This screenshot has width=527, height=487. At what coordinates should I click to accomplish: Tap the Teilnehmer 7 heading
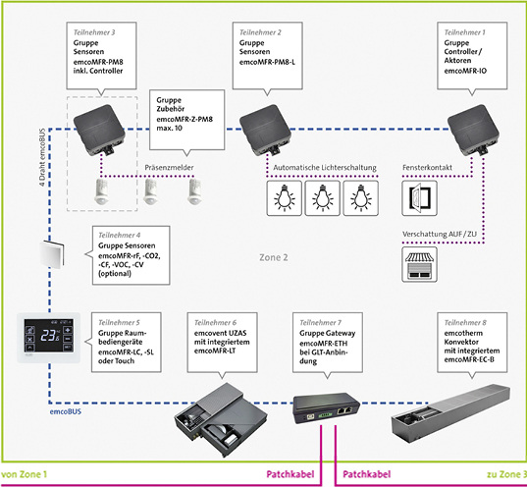319,322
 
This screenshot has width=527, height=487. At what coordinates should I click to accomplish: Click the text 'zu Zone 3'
498,474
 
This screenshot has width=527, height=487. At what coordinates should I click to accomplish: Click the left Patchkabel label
290,475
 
